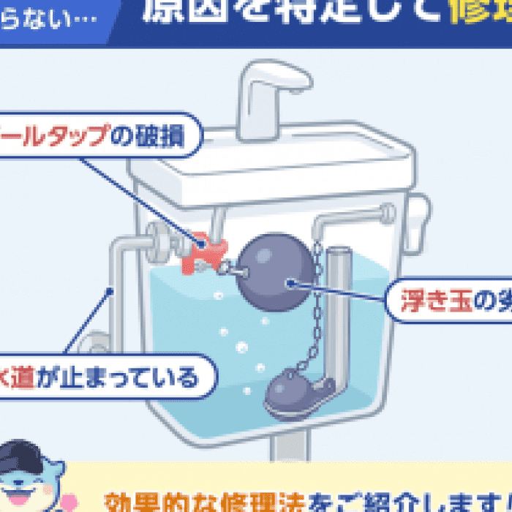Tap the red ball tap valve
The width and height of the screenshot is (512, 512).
pos(203,252)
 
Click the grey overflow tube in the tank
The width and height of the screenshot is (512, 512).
pos(337,307)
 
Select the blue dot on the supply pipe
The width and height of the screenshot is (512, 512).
pos(111,290)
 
